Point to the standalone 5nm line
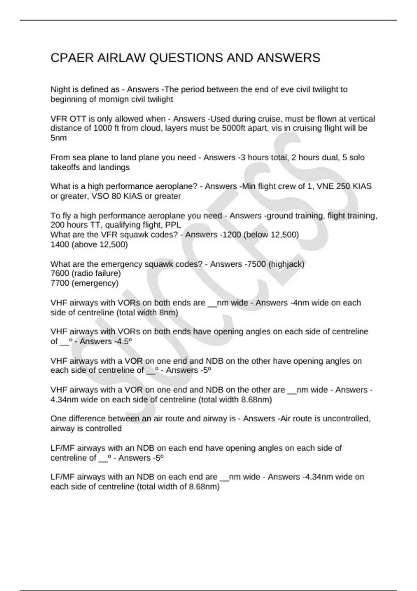[58, 138]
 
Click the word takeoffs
[65, 168]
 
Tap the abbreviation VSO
[100, 196]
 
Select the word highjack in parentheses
[286, 264]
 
